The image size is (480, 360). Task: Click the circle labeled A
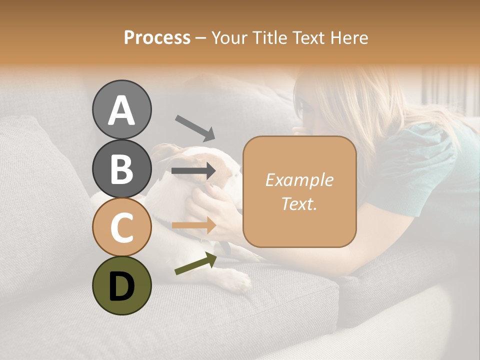coord(122,109)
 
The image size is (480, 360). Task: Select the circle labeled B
coord(122,168)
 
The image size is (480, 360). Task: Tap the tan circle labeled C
coord(122,227)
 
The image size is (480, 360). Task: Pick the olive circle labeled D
coord(122,285)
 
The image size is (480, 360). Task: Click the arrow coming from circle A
coord(194,127)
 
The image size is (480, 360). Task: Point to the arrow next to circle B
coord(193,171)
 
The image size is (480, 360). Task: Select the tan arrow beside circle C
coord(193,225)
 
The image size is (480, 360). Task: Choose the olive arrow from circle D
coord(195,263)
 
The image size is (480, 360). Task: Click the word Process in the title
coord(157,37)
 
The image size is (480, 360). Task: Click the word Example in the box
coord(299,180)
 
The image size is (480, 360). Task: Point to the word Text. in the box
coord(299,204)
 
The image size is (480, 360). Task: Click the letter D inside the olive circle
coord(122,286)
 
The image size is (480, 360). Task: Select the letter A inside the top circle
coord(122,110)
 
